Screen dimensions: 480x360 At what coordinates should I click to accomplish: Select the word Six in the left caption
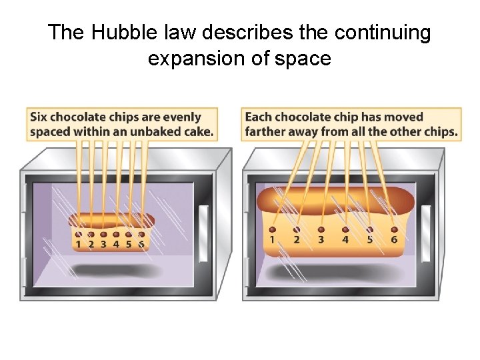tap(39, 117)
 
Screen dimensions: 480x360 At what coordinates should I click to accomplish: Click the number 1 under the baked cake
tap(273, 239)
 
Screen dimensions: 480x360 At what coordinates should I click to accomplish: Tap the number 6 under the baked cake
tap(394, 239)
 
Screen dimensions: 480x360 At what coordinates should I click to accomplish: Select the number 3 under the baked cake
tap(321, 239)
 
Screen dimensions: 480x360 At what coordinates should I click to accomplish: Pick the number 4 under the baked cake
tap(345, 239)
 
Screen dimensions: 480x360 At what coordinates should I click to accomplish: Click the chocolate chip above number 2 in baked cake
tap(297, 229)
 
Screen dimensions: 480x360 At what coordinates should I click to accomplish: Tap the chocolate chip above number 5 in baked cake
tap(370, 229)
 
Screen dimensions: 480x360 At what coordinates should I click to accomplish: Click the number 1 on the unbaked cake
tap(79, 244)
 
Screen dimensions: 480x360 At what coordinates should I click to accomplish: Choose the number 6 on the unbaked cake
tap(141, 244)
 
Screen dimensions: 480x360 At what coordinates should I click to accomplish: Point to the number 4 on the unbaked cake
tap(116, 244)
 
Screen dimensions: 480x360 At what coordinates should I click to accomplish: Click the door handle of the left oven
tap(203, 227)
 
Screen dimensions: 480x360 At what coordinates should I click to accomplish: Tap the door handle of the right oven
tap(426, 227)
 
